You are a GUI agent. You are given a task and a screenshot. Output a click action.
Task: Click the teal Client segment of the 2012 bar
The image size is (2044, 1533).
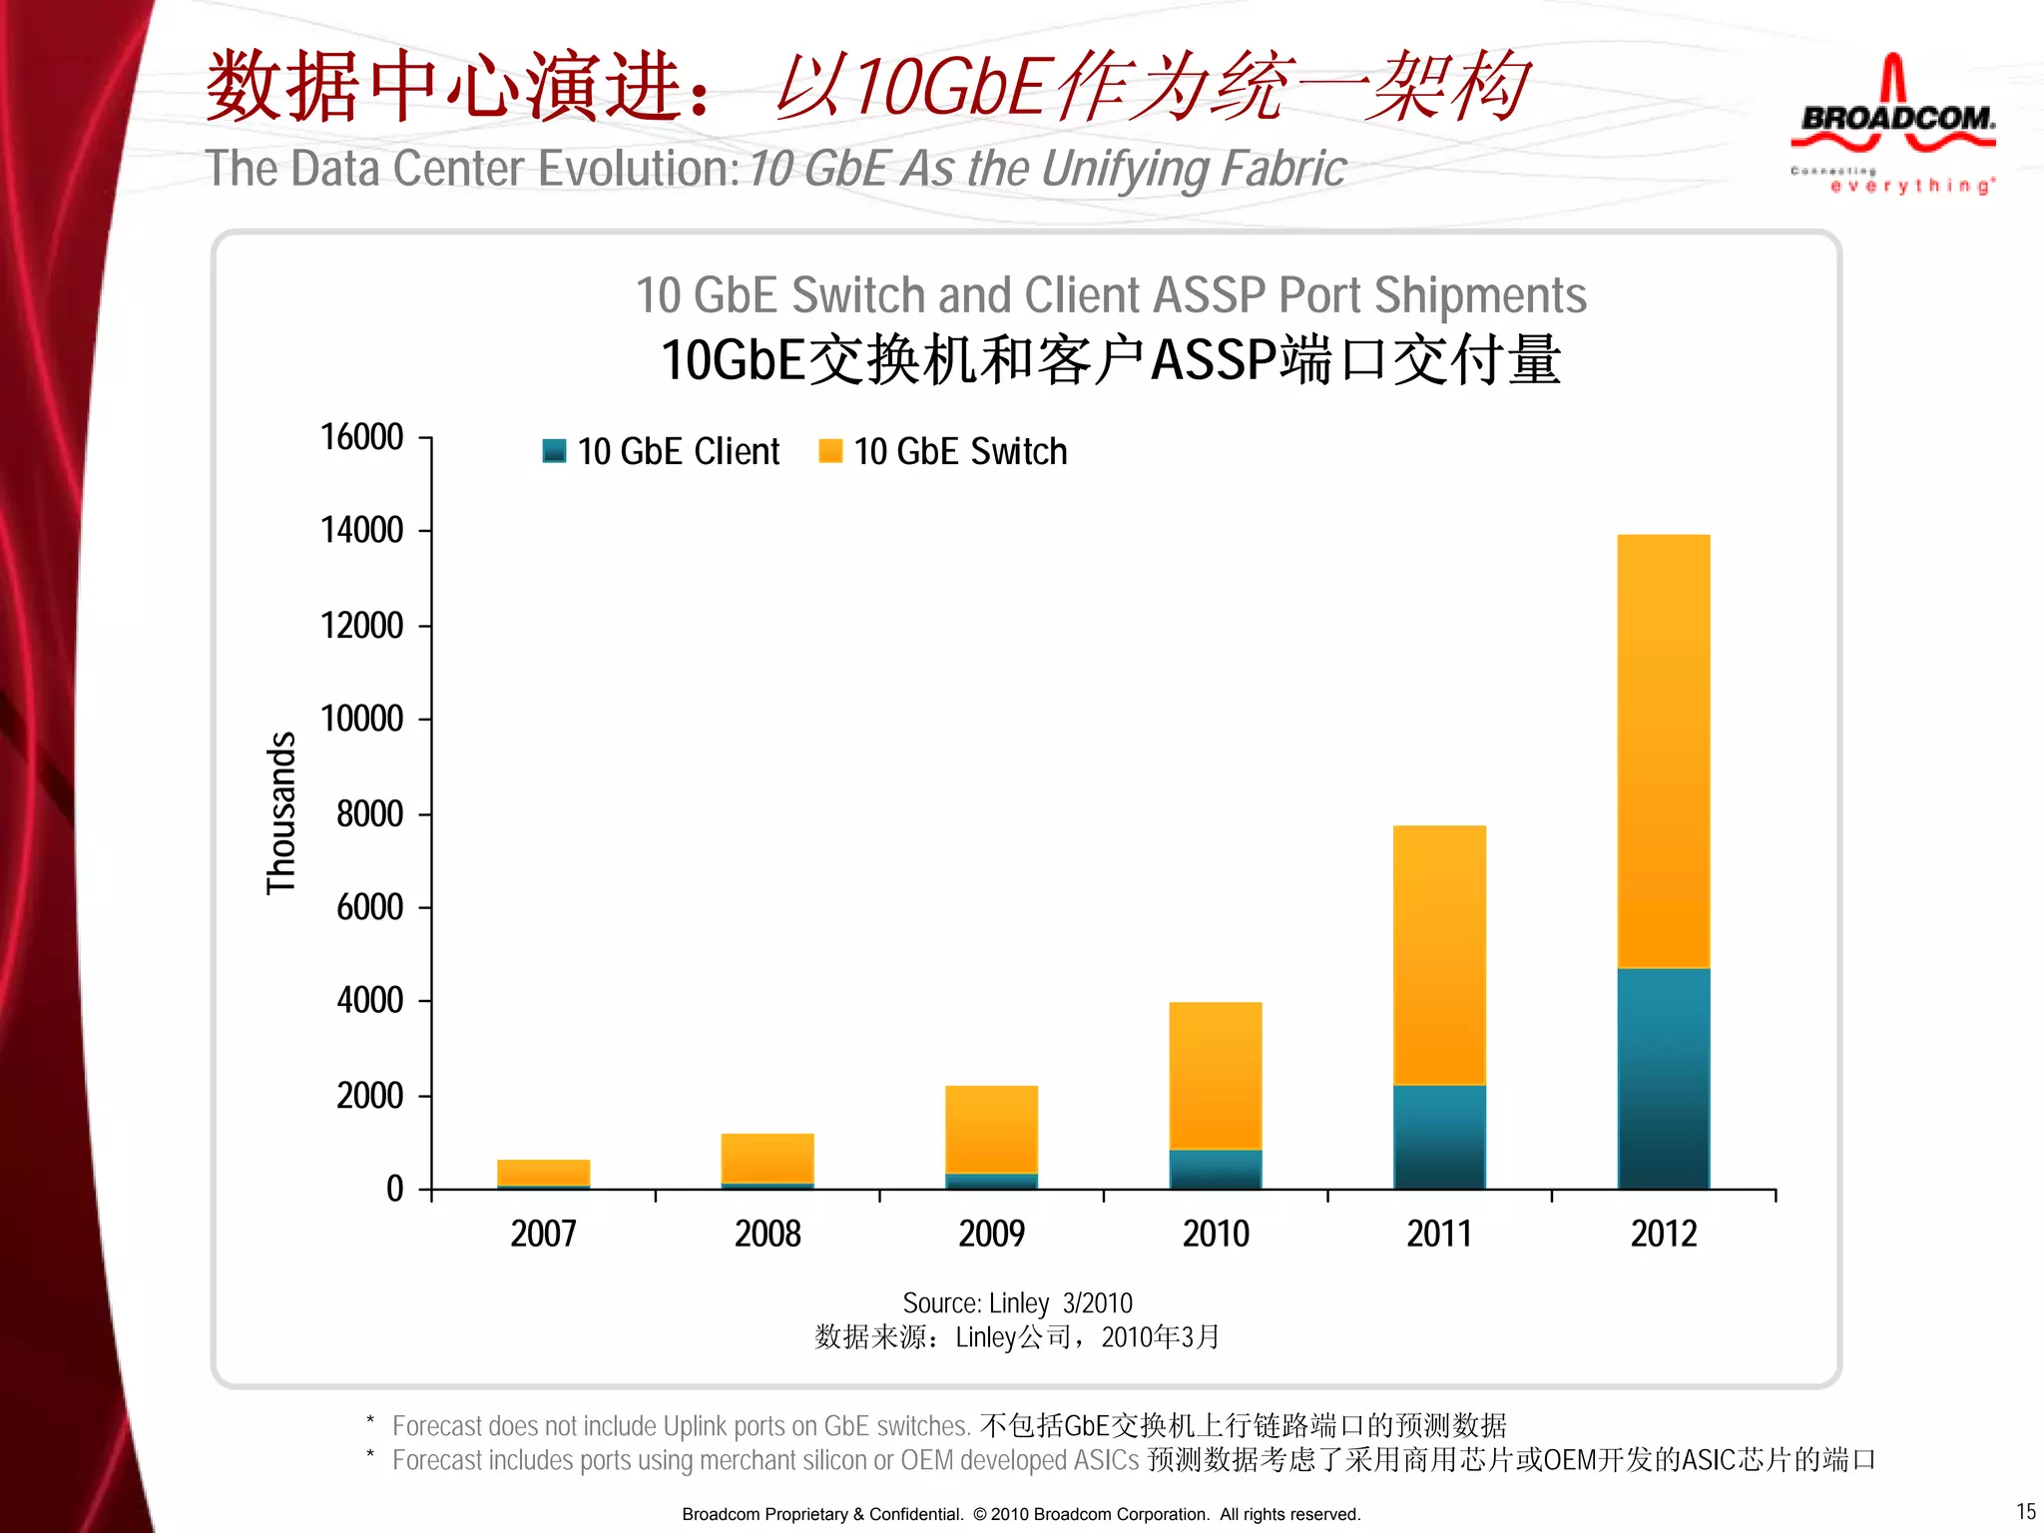point(1663,1078)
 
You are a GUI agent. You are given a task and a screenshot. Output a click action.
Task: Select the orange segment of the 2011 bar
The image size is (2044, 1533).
point(1439,954)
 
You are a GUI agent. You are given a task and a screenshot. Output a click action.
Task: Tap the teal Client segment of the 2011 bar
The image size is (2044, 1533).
point(1439,1137)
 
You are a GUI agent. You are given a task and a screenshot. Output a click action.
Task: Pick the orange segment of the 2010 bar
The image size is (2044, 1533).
point(1216,1075)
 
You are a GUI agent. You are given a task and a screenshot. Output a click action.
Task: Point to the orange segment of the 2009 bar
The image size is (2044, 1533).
point(991,1129)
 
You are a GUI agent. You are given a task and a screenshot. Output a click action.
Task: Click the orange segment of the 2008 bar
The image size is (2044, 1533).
point(767,1158)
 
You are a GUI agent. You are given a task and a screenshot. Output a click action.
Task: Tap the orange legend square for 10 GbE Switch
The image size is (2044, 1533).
point(830,451)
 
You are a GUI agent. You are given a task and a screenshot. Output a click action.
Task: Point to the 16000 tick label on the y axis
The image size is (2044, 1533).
point(361,437)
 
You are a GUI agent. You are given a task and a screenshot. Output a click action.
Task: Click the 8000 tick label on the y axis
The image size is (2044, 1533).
point(369,813)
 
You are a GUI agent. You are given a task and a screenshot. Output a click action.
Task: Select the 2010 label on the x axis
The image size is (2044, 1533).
point(1216,1234)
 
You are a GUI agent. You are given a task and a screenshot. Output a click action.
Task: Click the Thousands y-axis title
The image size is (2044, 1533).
point(281,812)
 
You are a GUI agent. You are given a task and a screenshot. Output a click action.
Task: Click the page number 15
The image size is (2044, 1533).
point(2025,1511)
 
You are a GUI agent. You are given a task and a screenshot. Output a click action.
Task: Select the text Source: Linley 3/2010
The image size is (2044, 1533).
point(1017,1302)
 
